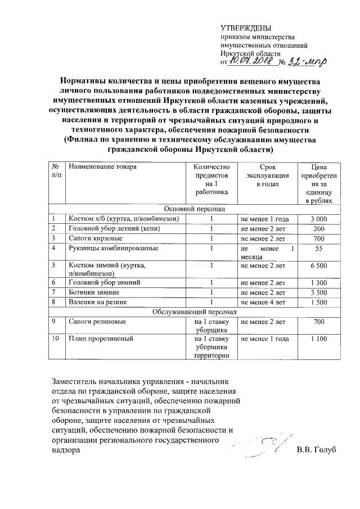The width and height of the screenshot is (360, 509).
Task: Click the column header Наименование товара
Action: [x=102, y=167]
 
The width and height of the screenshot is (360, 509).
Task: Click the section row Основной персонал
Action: [x=195, y=209]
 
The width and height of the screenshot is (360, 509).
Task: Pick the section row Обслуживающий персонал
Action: [x=195, y=311]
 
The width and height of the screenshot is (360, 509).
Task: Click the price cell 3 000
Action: [x=319, y=218]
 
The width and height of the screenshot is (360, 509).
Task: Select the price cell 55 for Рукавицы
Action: [x=319, y=248]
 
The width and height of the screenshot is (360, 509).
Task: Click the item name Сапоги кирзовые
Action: [x=95, y=238]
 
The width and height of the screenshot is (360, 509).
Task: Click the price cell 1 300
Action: [x=319, y=282]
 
